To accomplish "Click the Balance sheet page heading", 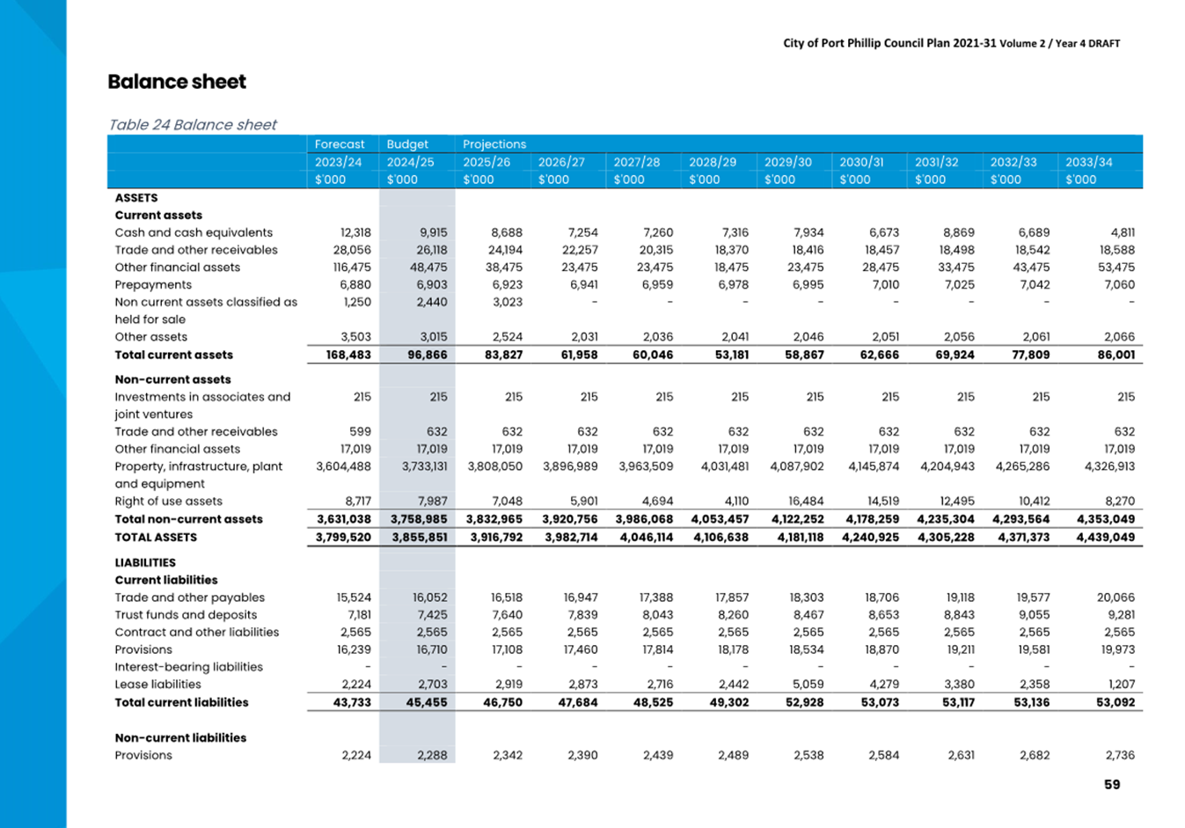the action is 177,82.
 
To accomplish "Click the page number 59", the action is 1112,784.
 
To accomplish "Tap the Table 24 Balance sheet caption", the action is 193,124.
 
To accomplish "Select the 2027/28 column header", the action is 636,162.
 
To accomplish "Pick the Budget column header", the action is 407,144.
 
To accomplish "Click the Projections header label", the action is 494,144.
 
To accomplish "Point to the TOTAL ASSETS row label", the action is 156,537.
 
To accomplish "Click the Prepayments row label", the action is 153,284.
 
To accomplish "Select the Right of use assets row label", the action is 168,501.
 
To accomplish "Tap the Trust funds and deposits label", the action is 186,615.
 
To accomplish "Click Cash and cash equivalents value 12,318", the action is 355,233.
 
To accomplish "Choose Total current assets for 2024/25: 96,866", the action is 427,355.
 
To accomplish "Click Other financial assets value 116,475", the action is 352,267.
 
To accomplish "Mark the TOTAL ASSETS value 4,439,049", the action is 1106,537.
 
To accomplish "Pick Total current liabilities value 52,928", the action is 804,702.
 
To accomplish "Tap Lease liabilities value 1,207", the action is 1122,684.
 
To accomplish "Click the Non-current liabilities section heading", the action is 180,737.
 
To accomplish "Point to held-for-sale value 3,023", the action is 508,302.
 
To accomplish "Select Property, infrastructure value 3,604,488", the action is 343,466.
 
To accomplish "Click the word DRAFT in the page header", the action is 1103,43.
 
